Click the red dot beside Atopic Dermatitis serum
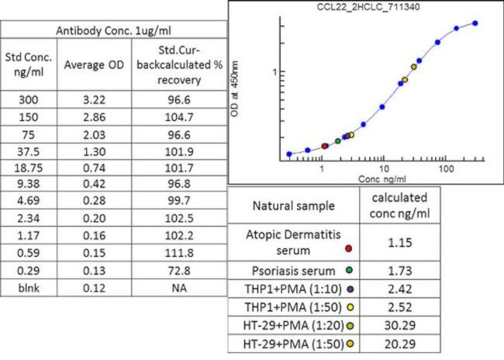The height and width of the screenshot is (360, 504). tap(349, 247)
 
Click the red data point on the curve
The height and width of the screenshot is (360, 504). tap(325, 145)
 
